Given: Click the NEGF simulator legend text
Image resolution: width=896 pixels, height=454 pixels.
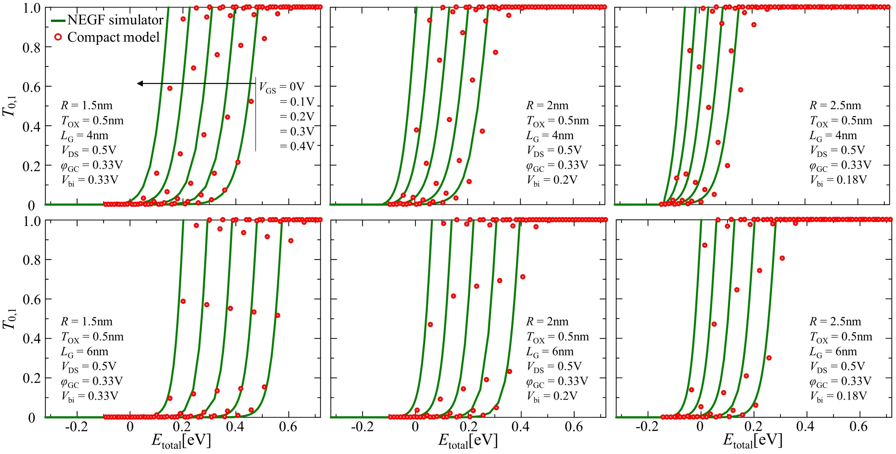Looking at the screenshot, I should click(115, 20).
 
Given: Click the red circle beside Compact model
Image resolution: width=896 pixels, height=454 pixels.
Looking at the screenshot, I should click(58, 37).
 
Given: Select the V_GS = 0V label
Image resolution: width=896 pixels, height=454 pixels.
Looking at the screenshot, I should click(282, 87).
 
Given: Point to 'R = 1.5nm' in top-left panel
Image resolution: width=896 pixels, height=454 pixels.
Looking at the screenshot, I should click(87, 105).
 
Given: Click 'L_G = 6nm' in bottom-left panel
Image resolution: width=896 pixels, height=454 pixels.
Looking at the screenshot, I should click(85, 352).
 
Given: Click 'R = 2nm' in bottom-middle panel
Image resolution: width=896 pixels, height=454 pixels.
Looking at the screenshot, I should click(547, 322).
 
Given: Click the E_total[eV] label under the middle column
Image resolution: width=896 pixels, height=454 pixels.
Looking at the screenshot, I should click(468, 441).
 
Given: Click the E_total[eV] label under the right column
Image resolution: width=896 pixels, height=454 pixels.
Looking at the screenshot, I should click(753, 441).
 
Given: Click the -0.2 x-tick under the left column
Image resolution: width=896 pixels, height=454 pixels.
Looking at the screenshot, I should click(77, 427).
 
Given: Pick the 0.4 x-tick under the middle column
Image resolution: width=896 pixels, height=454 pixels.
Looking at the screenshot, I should click(521, 427).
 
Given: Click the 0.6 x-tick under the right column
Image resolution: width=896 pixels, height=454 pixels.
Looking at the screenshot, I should click(858, 427).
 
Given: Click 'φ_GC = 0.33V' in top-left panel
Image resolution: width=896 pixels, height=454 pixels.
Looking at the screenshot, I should click(92, 165).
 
